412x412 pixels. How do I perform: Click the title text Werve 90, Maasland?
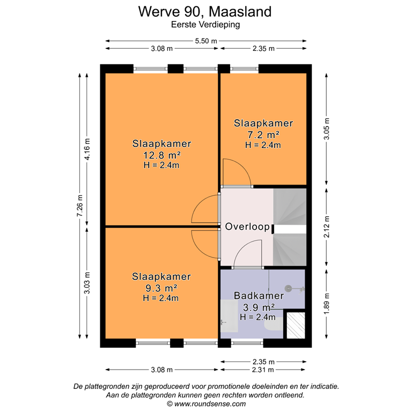coord(205,11)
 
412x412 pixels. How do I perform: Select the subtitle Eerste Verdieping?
coord(205,24)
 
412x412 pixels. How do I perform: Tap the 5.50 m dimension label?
coord(206,41)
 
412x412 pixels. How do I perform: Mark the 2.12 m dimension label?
coord(326,226)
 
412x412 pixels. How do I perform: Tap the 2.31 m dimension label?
coord(263,370)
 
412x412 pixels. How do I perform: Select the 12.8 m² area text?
coord(161,155)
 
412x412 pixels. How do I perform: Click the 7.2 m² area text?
coord(263,134)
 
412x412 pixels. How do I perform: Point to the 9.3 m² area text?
coord(161,288)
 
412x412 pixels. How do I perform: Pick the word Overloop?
coord(247,227)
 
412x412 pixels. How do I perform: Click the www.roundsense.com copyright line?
coord(206,404)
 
